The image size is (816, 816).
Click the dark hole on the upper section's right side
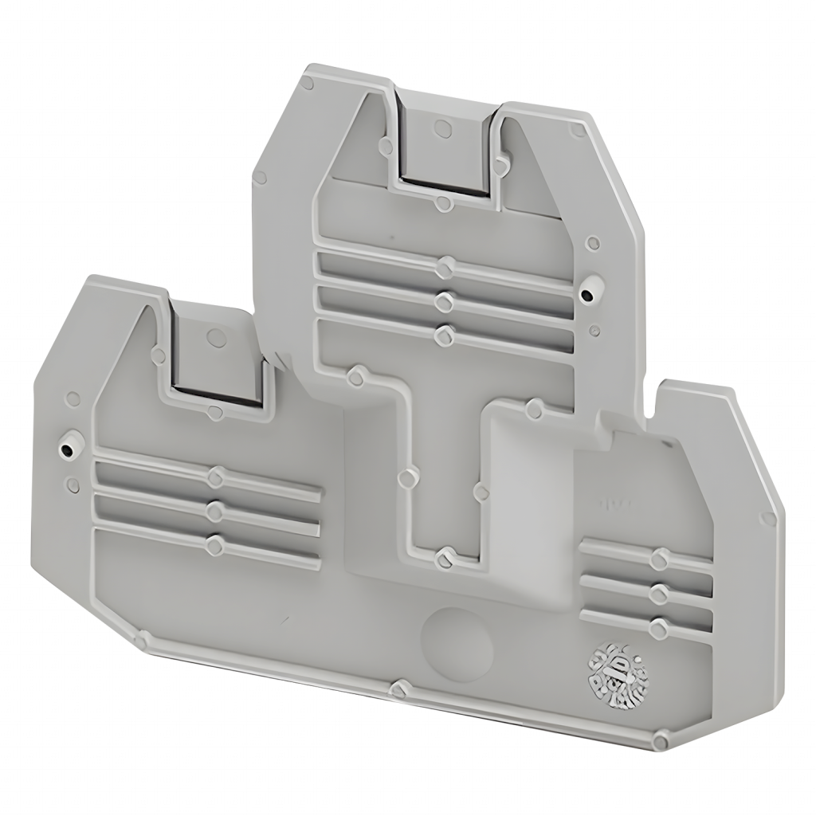587,296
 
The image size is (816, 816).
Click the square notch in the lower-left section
217,359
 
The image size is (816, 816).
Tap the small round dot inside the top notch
437,127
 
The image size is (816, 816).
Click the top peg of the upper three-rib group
445,265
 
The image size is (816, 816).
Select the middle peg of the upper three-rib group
445,300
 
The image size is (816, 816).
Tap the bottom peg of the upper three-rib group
444,332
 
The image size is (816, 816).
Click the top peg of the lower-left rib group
214,477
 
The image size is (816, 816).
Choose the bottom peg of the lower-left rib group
214,544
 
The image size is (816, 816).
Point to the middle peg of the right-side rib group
658,592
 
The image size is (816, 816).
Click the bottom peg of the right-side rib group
657,627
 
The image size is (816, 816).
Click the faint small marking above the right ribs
610,504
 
